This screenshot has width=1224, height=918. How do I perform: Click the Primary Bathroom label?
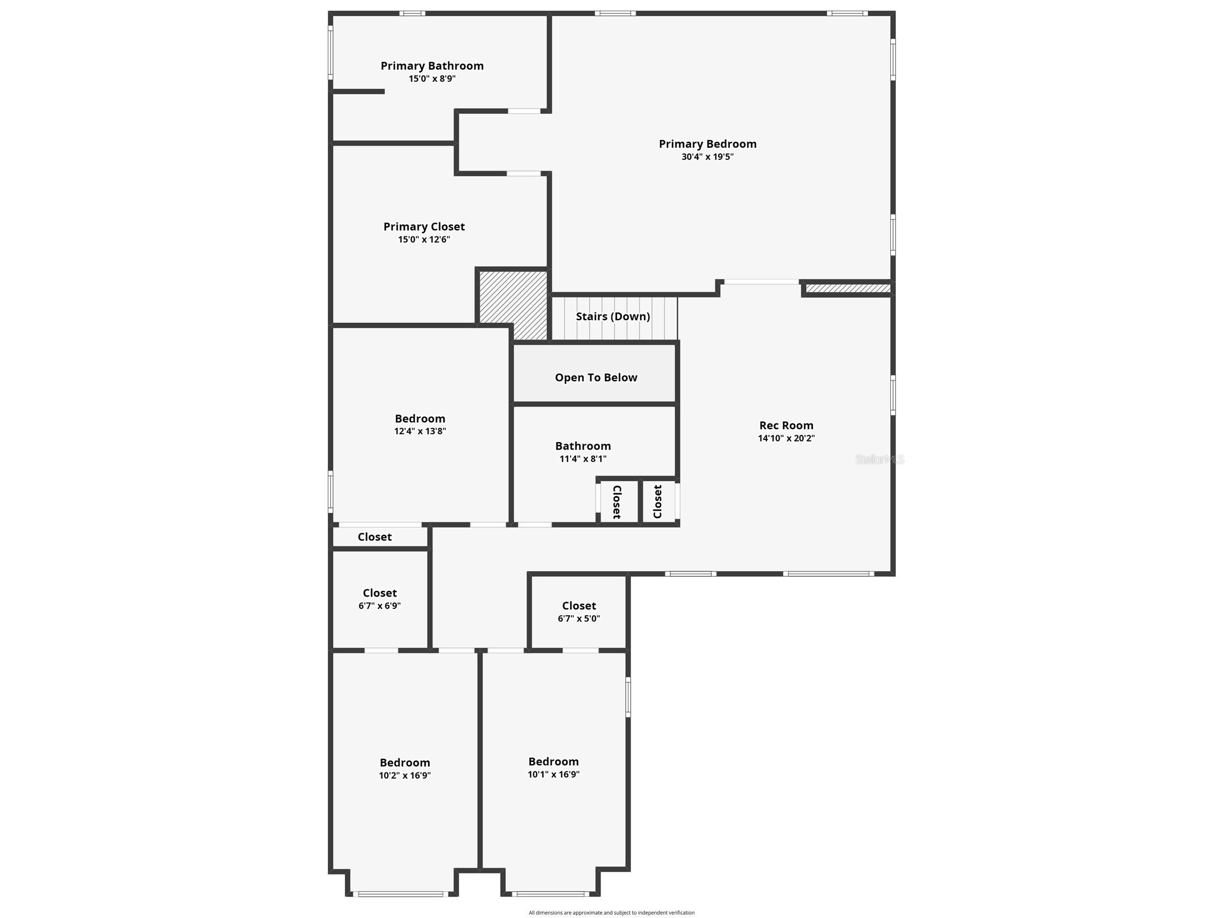coord(431,66)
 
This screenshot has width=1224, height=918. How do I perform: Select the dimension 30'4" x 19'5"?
coord(707,157)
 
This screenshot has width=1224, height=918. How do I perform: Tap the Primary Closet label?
coord(424,226)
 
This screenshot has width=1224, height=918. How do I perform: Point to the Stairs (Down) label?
coord(613,317)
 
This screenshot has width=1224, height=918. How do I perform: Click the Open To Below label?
coord(596,377)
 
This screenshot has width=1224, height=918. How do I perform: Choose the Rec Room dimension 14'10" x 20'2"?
coord(786,438)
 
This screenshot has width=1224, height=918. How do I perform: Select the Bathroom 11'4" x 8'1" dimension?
coord(583,458)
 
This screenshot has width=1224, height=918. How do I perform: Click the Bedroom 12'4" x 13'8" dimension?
coord(420,431)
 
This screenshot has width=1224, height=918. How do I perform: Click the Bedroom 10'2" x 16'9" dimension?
coord(404,775)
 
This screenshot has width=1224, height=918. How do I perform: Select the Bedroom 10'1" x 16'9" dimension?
coord(553,774)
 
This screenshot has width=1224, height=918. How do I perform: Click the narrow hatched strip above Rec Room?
coord(848,289)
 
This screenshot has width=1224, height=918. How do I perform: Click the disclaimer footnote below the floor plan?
coord(611,913)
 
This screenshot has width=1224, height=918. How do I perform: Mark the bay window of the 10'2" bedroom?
coord(401,894)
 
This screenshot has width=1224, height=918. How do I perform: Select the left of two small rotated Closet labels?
coord(617,502)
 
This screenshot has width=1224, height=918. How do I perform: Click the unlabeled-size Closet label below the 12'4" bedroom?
coord(374,537)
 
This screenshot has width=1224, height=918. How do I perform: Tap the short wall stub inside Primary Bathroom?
coord(359,91)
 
